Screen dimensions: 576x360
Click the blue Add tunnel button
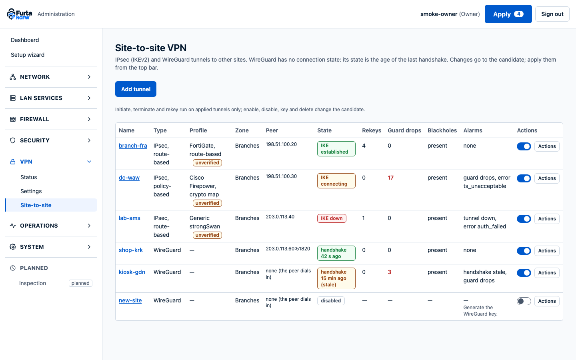(x=136, y=89)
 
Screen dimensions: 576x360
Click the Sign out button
(x=552, y=14)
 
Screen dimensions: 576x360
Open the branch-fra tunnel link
(x=133, y=146)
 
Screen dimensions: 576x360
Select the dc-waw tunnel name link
(x=129, y=178)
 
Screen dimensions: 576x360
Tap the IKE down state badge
(x=332, y=218)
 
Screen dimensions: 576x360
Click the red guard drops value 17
(x=390, y=178)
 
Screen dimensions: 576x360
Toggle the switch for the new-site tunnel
(x=524, y=301)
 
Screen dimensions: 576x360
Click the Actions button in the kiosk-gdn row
(x=547, y=272)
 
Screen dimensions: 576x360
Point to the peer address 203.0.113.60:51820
(x=288, y=249)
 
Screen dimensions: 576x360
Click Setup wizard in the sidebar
(x=28, y=55)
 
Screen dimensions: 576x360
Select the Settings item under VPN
(x=31, y=191)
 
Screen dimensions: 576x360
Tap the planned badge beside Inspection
(x=80, y=283)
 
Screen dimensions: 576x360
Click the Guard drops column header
(x=404, y=130)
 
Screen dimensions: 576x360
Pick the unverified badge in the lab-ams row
(x=207, y=235)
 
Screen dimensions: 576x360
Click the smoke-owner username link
(x=439, y=14)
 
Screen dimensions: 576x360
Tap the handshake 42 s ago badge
(x=336, y=253)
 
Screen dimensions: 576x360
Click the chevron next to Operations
(x=89, y=226)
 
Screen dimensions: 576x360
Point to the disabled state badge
(x=331, y=301)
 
